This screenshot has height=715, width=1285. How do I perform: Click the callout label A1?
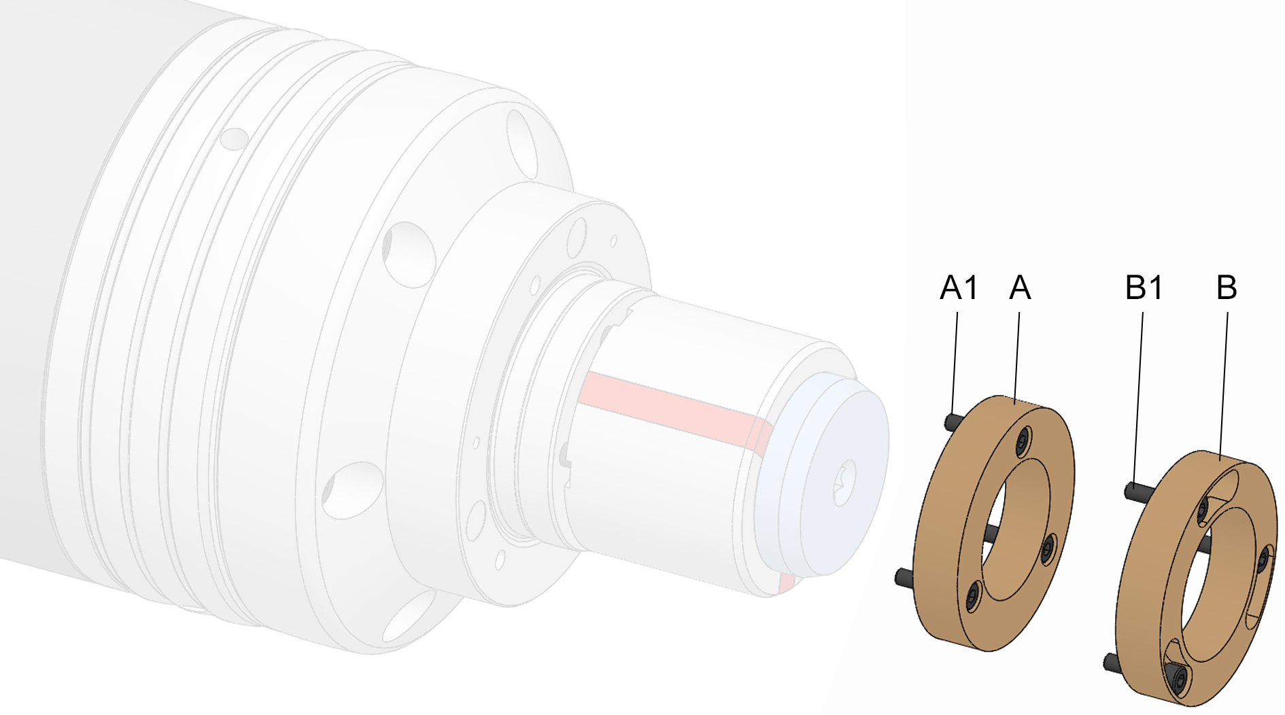pyautogui.click(x=959, y=287)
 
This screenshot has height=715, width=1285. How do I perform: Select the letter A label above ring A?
pyautogui.click(x=1020, y=287)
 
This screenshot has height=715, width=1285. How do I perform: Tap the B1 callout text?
pyautogui.click(x=1144, y=287)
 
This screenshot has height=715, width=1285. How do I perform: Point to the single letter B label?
pyautogui.click(x=1227, y=287)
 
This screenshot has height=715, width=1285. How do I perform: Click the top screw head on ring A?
pyautogui.click(x=1023, y=442)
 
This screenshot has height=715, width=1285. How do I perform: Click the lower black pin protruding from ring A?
pyautogui.click(x=905, y=578)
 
